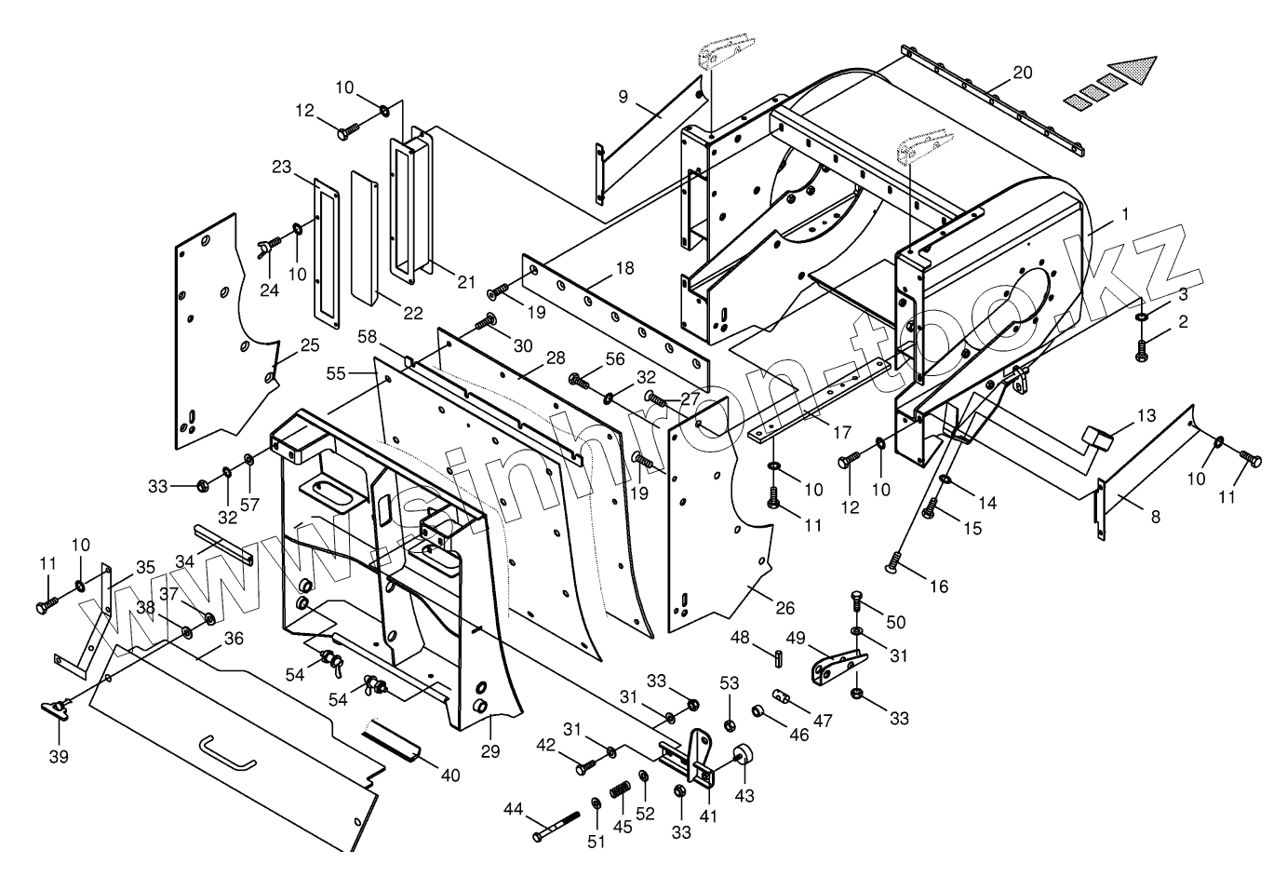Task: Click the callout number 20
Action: pyautogui.click(x=1022, y=73)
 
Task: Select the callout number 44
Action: pyautogui.click(x=513, y=809)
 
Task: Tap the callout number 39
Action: pyautogui.click(x=59, y=757)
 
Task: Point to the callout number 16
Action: pyautogui.click(x=939, y=587)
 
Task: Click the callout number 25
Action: pyautogui.click(x=310, y=345)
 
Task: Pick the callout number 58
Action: pyautogui.click(x=368, y=336)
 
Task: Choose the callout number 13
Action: pyautogui.click(x=1146, y=415)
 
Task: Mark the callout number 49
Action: pyautogui.click(x=796, y=638)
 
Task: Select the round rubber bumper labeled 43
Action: pyautogui.click(x=743, y=754)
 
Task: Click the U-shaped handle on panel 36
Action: pyautogui.click(x=228, y=753)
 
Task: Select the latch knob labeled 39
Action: pyautogui.click(x=55, y=709)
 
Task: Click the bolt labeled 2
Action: pyautogui.click(x=1141, y=351)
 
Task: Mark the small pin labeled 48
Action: pyautogui.click(x=778, y=658)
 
